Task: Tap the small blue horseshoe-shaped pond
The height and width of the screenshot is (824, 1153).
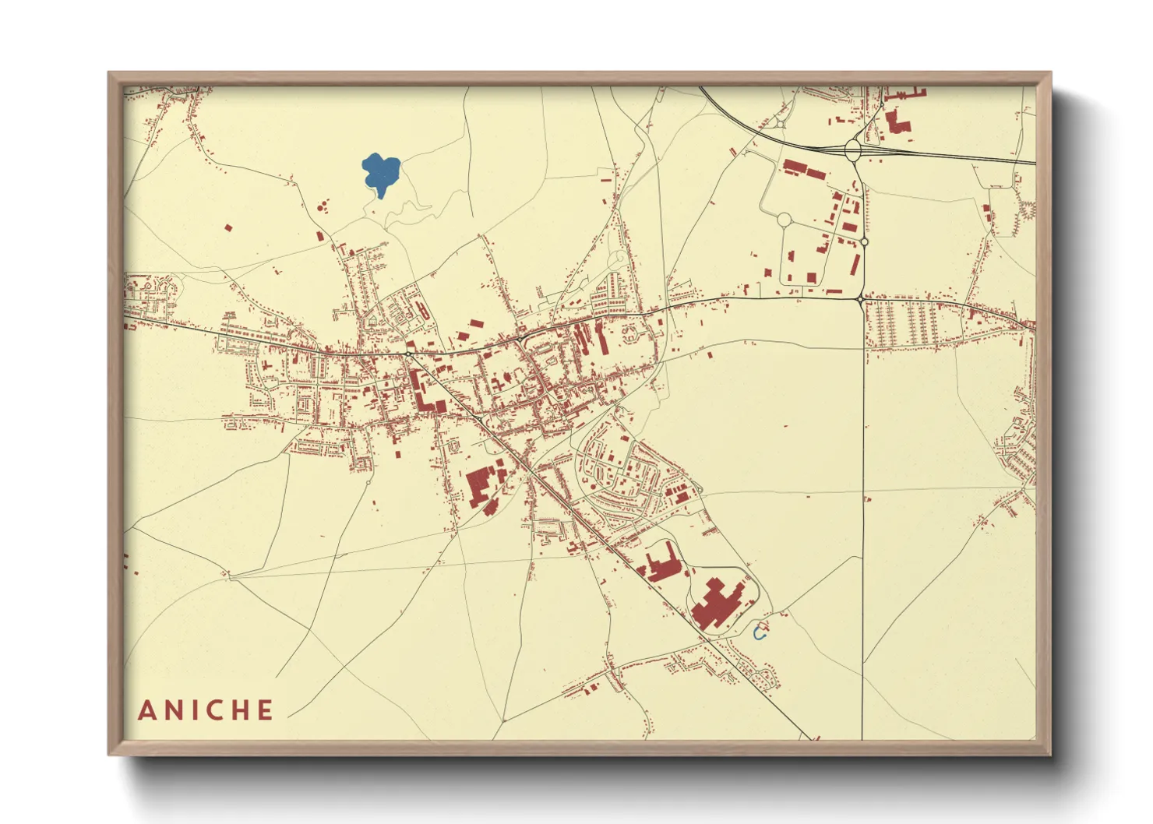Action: (x=761, y=634)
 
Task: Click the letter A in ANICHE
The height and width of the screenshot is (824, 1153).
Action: (x=147, y=710)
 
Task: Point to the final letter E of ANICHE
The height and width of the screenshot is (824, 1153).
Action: (x=266, y=710)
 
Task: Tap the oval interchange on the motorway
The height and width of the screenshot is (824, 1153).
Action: (x=852, y=148)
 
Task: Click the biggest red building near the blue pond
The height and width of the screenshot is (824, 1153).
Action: (x=715, y=604)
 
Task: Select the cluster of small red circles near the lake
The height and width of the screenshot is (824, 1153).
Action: (x=322, y=207)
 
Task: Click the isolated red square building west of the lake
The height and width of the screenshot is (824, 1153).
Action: (x=228, y=228)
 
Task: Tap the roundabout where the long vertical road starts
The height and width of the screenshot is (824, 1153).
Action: (x=860, y=298)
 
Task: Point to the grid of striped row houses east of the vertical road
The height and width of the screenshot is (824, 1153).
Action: (x=904, y=324)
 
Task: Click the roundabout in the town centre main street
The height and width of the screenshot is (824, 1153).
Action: (x=407, y=354)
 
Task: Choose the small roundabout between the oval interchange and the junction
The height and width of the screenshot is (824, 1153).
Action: (x=864, y=242)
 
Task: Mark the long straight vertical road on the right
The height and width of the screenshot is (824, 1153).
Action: (x=863, y=506)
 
